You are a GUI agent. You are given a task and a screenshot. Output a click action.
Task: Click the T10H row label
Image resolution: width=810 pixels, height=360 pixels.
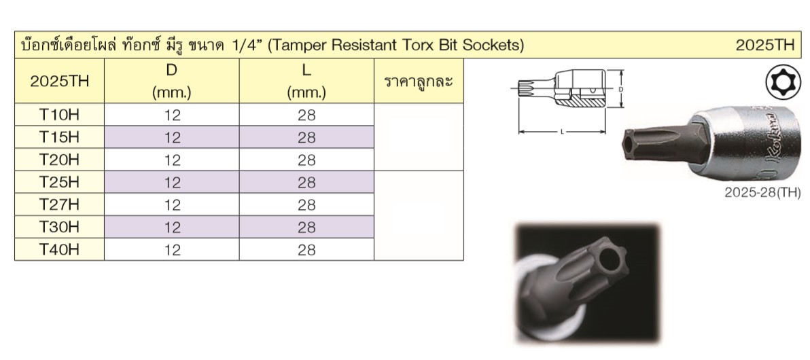click(x=59, y=115)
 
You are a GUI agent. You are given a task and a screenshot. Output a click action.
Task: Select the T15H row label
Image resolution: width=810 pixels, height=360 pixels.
click(x=59, y=137)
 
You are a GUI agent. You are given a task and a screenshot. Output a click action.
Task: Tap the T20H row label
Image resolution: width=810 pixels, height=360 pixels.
click(x=59, y=160)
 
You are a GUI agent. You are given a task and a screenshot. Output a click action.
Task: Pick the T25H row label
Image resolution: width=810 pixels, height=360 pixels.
click(x=59, y=182)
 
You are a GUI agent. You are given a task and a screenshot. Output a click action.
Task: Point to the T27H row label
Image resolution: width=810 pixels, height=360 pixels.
click(x=59, y=204)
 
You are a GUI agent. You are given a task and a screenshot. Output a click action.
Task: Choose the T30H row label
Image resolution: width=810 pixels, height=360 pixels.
click(x=59, y=227)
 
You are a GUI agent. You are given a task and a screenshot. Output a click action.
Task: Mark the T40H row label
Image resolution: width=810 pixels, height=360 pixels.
click(x=59, y=249)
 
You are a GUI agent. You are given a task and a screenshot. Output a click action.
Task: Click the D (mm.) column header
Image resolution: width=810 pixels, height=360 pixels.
click(x=172, y=81)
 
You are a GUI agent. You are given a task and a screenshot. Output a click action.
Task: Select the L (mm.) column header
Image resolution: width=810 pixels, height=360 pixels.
click(x=307, y=81)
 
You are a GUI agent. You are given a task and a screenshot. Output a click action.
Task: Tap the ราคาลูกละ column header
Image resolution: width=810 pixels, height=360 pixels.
click(x=419, y=82)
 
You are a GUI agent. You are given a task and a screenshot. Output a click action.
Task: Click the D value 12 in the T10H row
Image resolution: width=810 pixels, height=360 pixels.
click(x=173, y=115)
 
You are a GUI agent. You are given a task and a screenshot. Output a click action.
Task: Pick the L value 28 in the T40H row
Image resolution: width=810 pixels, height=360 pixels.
click(x=307, y=249)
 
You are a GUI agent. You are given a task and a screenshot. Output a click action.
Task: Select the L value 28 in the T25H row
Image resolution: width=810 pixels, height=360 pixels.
click(x=307, y=182)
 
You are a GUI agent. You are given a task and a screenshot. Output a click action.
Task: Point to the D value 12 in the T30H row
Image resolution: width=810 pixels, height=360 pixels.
click(x=173, y=227)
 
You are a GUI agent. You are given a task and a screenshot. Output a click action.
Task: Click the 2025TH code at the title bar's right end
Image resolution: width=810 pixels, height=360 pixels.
click(x=765, y=46)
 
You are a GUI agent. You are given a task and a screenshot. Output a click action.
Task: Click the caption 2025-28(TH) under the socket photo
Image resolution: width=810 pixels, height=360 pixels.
click(x=762, y=193)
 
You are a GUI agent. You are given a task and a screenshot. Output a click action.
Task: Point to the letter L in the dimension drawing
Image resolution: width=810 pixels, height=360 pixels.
click(x=562, y=132)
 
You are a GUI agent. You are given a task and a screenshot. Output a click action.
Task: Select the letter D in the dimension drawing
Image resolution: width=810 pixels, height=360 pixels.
click(x=620, y=90)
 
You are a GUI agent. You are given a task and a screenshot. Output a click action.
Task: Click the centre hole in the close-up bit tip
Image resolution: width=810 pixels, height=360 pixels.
click(x=610, y=260)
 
